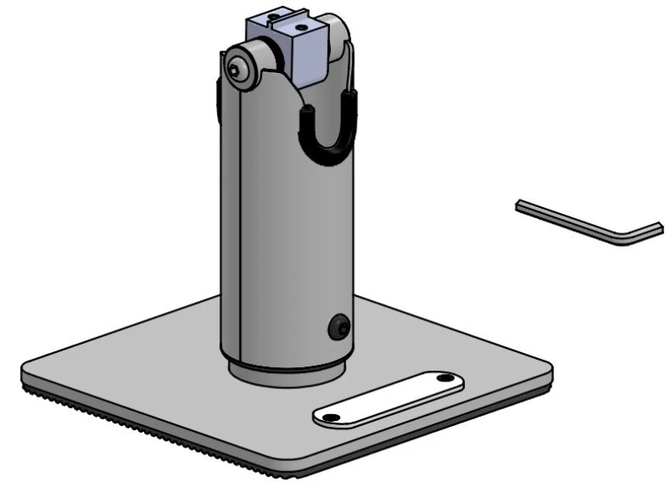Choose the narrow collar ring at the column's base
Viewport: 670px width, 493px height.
pyautogui.click(x=285, y=376)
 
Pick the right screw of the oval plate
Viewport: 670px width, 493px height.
pyautogui.click(x=442, y=381)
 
